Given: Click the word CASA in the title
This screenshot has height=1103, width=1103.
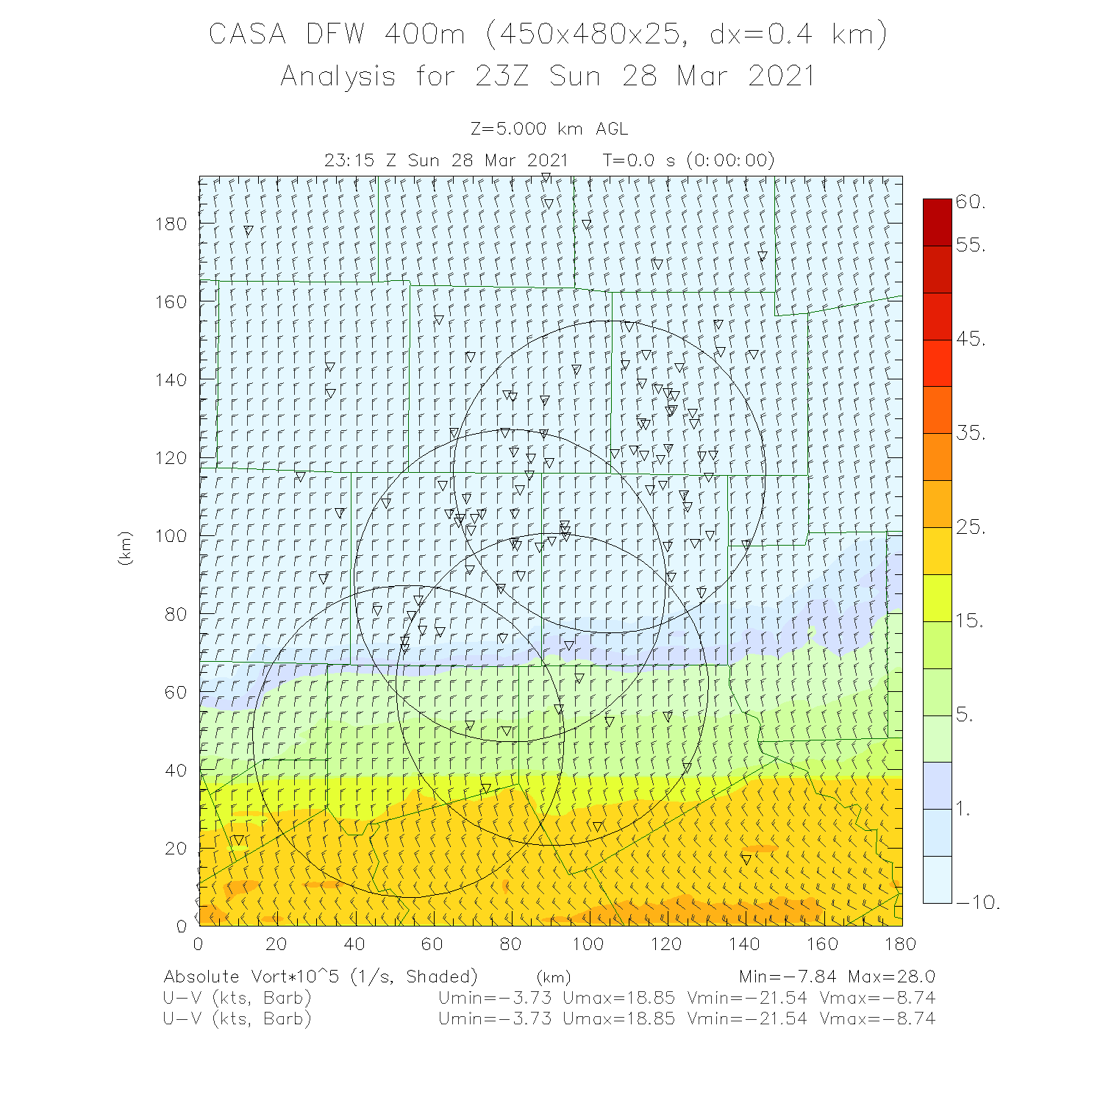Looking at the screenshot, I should [247, 35].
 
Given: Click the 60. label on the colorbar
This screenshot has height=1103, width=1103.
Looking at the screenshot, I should [971, 202].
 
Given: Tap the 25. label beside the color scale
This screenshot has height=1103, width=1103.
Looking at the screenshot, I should [971, 527].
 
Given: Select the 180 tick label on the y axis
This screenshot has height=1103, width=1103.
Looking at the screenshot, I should [171, 224].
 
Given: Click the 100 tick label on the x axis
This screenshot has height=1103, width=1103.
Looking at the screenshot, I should [588, 943].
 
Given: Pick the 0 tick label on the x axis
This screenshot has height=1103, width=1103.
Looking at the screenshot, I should [199, 943].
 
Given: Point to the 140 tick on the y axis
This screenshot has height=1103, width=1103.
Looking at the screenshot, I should [171, 379].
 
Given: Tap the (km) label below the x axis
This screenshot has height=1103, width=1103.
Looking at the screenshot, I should [553, 978].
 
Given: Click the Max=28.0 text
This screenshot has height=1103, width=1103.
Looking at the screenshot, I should [891, 977].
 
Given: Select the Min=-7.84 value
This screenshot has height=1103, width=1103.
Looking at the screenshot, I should [788, 977].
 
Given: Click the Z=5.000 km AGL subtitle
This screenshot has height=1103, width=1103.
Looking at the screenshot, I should [549, 129].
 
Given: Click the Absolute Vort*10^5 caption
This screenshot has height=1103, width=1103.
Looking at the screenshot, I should [254, 977].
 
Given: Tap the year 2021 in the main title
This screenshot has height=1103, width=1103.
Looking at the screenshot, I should [782, 76].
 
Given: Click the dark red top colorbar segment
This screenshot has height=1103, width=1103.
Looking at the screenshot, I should [937, 222].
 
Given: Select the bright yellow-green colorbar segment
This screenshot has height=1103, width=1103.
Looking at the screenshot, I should [937, 598].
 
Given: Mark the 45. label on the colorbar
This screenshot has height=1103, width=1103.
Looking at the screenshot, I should [971, 339].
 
